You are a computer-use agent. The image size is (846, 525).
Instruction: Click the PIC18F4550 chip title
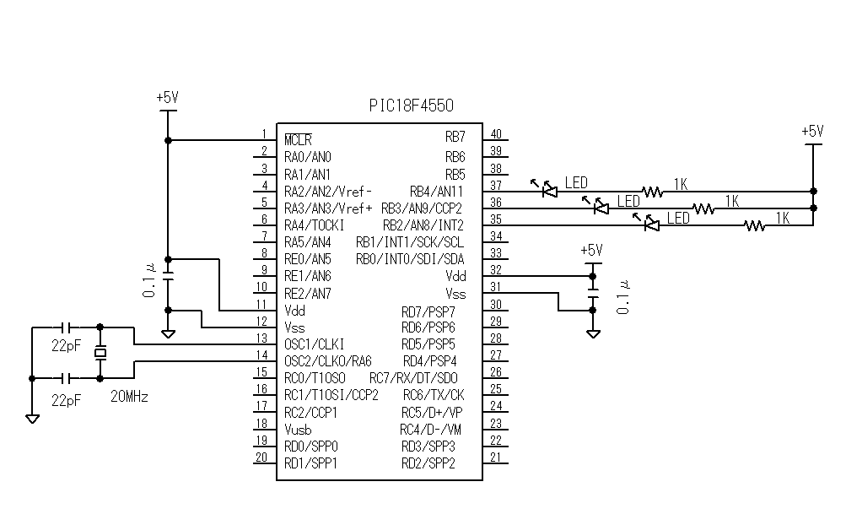[x=411, y=106]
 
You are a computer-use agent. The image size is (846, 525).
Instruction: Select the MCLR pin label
[x=298, y=139]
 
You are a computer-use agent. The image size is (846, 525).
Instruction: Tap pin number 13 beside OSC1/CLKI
[x=261, y=338]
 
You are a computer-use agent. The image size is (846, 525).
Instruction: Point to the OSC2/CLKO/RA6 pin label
[x=328, y=361]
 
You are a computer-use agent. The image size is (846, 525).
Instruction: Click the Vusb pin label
[x=299, y=430]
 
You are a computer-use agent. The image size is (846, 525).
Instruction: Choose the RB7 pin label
[x=455, y=137]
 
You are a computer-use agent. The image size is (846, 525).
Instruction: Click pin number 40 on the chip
[x=496, y=134]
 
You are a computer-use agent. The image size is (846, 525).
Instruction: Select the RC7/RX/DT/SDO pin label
[x=413, y=378]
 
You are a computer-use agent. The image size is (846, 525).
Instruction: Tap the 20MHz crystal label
[x=129, y=396]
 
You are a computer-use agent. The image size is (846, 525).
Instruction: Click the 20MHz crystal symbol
[x=100, y=353]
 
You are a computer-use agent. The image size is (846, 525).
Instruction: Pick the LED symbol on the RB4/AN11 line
[x=549, y=191]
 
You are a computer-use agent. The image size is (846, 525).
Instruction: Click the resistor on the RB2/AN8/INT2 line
[x=755, y=225]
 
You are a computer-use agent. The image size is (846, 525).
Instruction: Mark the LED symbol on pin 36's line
[x=601, y=207]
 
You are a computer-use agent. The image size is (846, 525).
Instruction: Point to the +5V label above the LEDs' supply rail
[x=811, y=131]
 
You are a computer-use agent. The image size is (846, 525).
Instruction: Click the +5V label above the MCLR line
[x=167, y=97]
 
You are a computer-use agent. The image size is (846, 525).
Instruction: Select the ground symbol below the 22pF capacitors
[x=32, y=418]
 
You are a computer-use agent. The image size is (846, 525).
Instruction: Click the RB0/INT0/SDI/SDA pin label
[x=410, y=259]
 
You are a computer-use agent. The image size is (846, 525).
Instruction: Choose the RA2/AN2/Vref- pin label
[x=328, y=191]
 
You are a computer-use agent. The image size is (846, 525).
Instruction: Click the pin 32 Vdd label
[x=455, y=276]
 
